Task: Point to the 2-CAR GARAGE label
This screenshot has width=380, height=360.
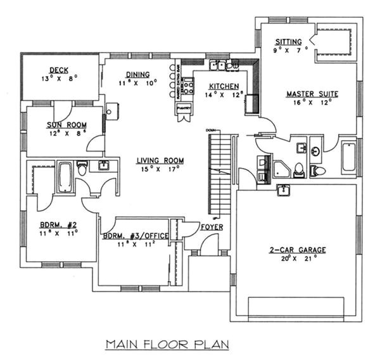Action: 297,249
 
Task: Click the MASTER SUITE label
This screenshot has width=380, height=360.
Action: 312,94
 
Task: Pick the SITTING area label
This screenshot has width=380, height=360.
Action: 288,42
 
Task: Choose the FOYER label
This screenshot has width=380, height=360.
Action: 211,227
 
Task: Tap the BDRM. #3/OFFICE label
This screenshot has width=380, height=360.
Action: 136,236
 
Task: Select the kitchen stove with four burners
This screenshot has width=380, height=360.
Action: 251,103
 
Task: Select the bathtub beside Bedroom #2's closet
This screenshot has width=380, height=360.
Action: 65,177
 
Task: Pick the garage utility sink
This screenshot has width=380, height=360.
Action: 283,190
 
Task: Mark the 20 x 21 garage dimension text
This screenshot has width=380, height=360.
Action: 297,259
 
